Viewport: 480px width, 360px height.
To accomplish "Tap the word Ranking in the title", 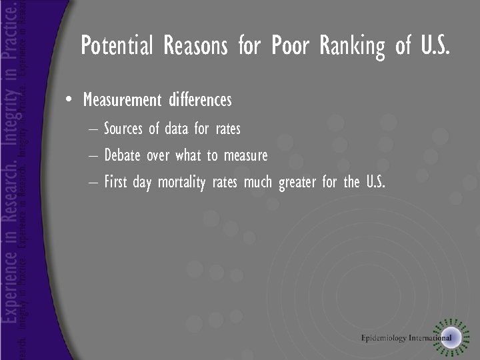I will (352, 46).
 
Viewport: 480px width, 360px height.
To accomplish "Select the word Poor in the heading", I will (292, 46).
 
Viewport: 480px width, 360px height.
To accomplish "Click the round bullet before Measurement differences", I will (69, 101).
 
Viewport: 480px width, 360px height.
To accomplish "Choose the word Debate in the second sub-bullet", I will (122, 155).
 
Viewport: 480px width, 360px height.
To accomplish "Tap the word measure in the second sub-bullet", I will (245, 155).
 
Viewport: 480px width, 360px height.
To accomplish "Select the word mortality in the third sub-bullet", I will (181, 182).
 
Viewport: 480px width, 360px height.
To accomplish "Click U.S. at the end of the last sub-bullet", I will (375, 182).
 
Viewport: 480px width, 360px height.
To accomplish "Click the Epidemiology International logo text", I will (406, 337).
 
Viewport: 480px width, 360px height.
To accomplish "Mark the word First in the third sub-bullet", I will (116, 182).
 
